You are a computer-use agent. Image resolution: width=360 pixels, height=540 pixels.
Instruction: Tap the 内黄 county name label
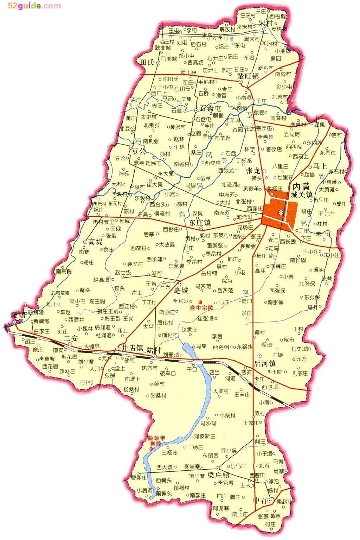[x=301, y=186]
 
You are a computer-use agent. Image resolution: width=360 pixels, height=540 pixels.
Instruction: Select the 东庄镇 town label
[x=199, y=222]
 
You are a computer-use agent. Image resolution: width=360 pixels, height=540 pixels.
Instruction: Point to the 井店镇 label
[x=131, y=348]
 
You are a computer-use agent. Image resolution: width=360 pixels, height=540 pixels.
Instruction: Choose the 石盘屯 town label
[x=211, y=108]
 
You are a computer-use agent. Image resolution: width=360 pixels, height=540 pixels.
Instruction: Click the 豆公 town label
[x=139, y=152]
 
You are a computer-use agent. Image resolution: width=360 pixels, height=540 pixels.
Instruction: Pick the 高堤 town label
[x=95, y=241]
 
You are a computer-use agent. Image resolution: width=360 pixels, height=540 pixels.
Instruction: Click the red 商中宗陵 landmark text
[x=202, y=308]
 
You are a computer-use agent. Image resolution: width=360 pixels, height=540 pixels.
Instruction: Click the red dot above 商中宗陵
[x=201, y=302]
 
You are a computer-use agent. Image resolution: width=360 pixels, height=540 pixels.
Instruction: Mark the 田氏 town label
[x=147, y=63]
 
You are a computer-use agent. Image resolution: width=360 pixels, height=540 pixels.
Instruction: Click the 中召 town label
[x=260, y=500]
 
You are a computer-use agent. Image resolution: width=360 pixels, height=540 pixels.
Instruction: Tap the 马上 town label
[x=320, y=166]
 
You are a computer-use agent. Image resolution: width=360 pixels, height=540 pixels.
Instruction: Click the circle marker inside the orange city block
[x=281, y=212]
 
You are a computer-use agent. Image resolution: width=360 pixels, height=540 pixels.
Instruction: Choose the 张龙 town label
[x=253, y=171]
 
